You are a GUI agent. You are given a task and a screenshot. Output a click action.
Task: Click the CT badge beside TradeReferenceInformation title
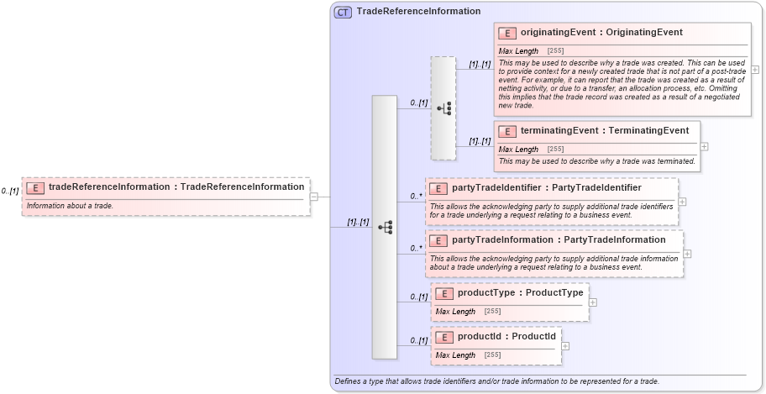(344, 12)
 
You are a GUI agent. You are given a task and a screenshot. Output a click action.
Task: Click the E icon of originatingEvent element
(507, 33)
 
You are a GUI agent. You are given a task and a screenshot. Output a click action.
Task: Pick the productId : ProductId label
(506, 337)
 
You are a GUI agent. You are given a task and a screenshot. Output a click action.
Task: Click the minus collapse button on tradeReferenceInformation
(314, 197)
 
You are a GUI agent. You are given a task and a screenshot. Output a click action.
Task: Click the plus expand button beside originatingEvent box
(755, 69)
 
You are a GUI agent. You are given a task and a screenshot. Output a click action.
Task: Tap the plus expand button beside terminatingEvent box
(704, 146)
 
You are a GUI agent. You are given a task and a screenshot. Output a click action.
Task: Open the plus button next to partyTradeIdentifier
(683, 202)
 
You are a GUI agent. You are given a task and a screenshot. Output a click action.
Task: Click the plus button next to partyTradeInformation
(688, 254)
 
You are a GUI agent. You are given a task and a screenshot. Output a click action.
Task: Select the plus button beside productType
(594, 302)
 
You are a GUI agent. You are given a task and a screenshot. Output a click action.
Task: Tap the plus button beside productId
(565, 345)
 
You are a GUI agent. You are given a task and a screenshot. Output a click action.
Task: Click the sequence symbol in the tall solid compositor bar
(385, 227)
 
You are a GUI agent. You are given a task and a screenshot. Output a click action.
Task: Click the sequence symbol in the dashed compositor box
(443, 108)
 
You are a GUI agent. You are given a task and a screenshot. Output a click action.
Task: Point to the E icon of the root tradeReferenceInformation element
(35, 187)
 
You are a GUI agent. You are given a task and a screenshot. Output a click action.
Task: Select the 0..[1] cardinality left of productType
(418, 297)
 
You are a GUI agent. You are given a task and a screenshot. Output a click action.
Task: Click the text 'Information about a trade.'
(70, 206)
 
